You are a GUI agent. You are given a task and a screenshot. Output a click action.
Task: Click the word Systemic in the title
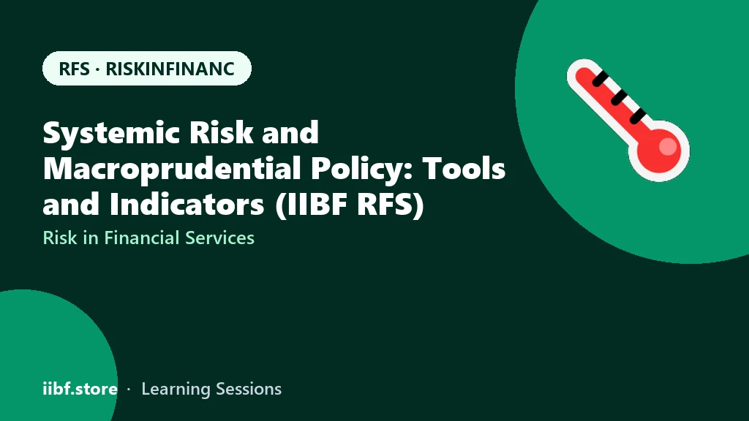(x=111, y=133)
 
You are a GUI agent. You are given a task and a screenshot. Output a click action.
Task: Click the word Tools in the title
(x=463, y=169)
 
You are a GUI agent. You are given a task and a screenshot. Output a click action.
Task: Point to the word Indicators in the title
(x=187, y=205)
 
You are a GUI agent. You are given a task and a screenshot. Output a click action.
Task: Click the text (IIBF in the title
(x=312, y=205)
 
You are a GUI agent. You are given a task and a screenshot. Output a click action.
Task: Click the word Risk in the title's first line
(x=221, y=132)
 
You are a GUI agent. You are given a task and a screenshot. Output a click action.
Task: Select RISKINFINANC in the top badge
(x=170, y=69)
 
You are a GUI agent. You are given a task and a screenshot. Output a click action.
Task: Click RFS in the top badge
(x=74, y=69)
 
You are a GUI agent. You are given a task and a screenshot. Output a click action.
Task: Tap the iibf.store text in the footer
(x=80, y=389)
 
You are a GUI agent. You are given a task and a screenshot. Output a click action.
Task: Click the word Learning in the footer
(x=176, y=390)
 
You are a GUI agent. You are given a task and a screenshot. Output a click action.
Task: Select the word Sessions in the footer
(x=249, y=389)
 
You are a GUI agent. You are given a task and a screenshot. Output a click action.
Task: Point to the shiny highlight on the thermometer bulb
(x=669, y=146)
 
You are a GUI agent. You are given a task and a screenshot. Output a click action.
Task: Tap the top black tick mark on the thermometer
(x=601, y=78)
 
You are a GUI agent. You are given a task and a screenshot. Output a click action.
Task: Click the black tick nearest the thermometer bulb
(x=638, y=115)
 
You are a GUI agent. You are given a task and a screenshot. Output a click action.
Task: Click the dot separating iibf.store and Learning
(x=129, y=390)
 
